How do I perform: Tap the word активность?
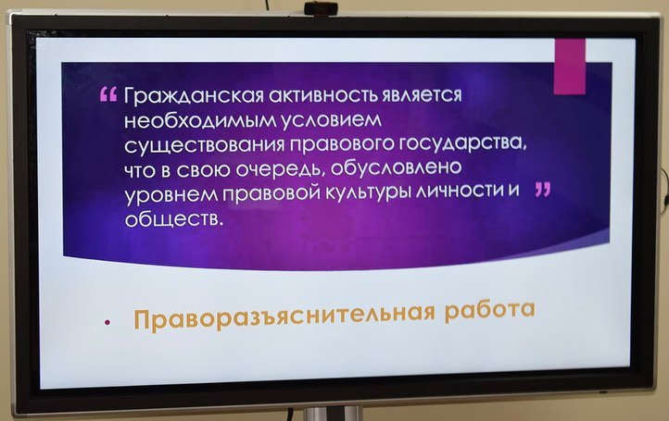coord(323,95)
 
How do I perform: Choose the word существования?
coord(205,146)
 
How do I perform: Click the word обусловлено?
coord(396,167)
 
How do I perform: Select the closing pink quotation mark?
coord(543,190)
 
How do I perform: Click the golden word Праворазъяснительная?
coord(284,316)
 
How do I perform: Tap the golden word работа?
coord(490,308)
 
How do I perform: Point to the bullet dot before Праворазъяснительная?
coord(107,323)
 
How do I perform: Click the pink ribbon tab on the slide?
coord(570,66)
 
